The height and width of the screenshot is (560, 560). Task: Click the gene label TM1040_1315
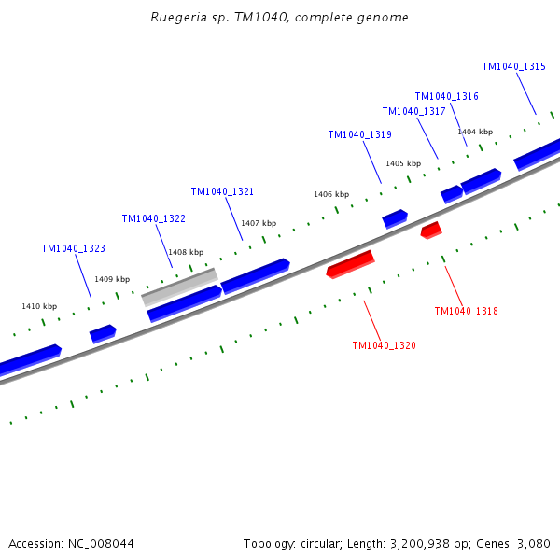click(x=513, y=66)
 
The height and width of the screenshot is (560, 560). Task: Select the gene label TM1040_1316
click(x=446, y=96)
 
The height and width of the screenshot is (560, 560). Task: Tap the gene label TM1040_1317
click(x=413, y=111)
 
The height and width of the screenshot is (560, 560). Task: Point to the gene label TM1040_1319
click(x=359, y=134)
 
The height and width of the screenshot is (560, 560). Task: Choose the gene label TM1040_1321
click(x=222, y=191)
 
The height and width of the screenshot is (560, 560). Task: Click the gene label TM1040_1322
click(x=153, y=218)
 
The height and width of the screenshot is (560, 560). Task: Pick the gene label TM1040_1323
click(x=73, y=248)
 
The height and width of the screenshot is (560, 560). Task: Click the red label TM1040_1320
click(x=384, y=345)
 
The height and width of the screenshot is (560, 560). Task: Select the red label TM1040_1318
click(x=466, y=311)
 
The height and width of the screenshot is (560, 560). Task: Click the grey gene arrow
click(x=179, y=287)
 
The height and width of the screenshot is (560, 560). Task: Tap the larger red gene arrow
click(x=350, y=264)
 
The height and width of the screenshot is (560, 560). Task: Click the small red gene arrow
click(x=431, y=229)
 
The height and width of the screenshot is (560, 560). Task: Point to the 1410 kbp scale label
click(x=39, y=306)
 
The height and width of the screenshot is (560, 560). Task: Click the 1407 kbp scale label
click(x=259, y=223)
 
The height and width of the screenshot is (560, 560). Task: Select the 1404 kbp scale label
click(x=475, y=132)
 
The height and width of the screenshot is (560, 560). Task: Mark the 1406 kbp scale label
click(x=331, y=194)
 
